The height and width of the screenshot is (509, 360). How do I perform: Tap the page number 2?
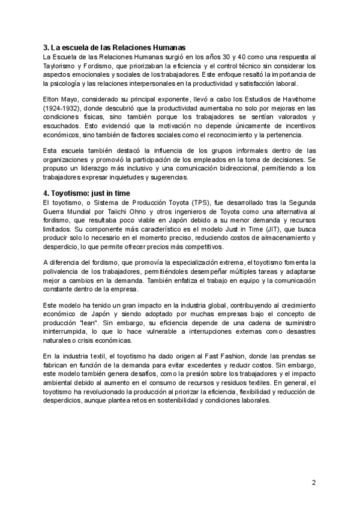[313, 482]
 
